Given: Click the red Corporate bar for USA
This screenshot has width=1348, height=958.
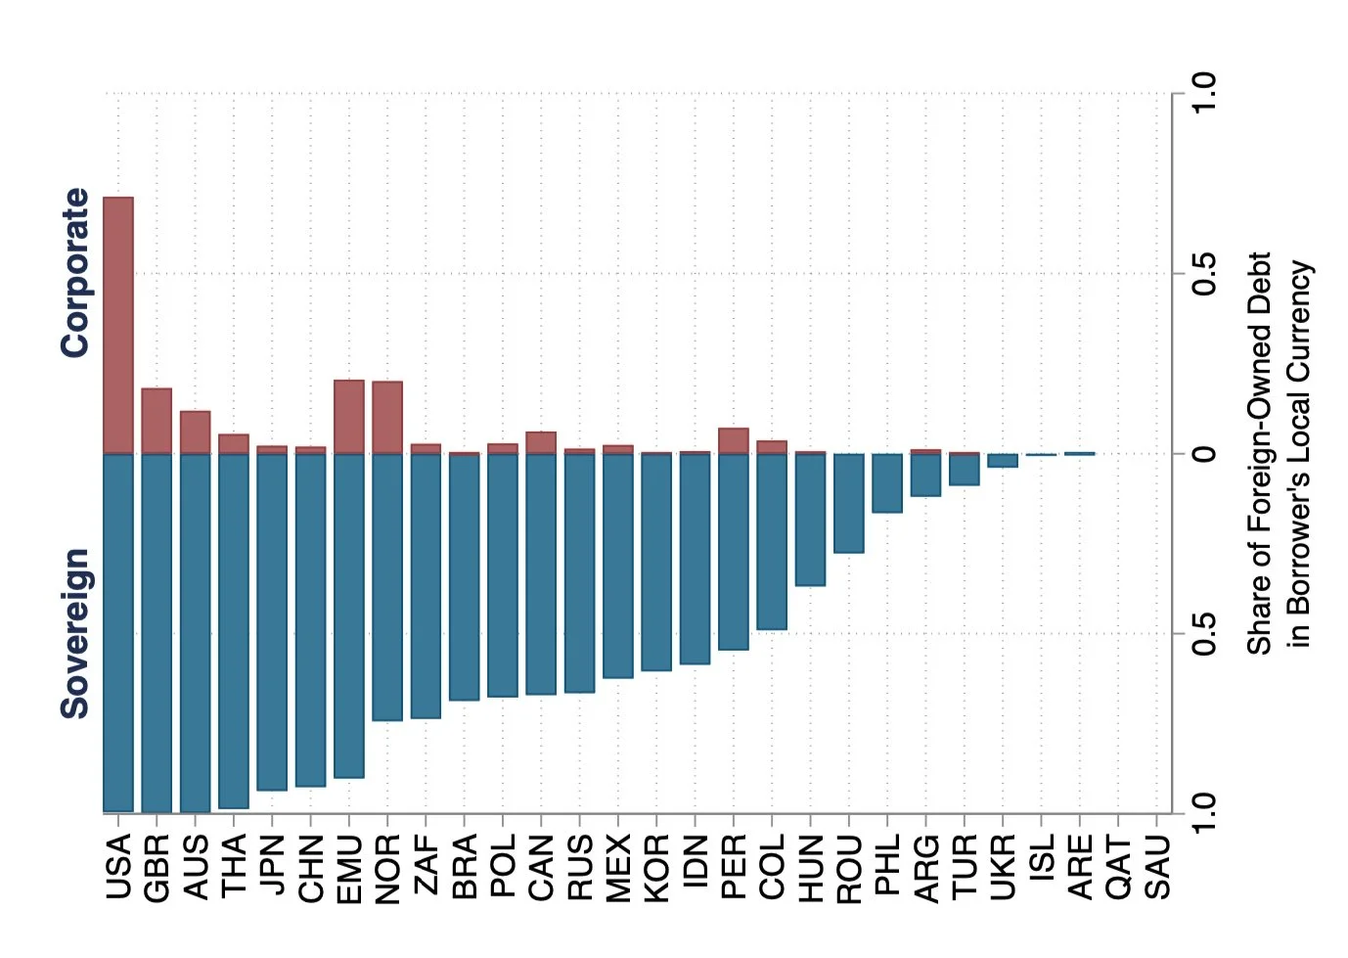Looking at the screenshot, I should pos(117,325).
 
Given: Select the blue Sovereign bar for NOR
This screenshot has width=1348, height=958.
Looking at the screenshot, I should pos(387,587).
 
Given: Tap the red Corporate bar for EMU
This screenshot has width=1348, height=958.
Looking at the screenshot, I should pos(349,417).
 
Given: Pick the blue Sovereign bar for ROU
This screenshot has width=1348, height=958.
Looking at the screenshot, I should pos(848,503).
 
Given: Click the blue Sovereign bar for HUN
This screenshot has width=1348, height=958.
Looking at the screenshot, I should pos(810,520).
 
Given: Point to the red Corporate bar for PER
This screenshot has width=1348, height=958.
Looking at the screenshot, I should pos(734,441).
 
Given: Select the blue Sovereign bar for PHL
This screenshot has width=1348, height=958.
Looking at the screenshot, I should pos(887,483).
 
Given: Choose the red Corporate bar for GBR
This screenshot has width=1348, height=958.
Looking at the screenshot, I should pos(157,421).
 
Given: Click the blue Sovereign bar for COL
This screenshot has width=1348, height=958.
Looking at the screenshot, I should pos(772,541).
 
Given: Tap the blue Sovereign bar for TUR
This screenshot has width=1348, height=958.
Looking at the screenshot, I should pos(964,470).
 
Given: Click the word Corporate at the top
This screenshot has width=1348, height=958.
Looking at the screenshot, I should pos(75,273).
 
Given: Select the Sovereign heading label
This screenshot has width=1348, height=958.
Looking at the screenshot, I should pos(75,634).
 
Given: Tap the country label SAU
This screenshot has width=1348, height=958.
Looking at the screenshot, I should pos(1157,867).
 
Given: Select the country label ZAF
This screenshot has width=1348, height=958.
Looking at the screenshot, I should pos(427,865).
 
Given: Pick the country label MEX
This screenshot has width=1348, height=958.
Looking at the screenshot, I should pos(618,867).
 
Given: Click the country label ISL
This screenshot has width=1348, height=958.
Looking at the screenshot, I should pos(1042,856).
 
